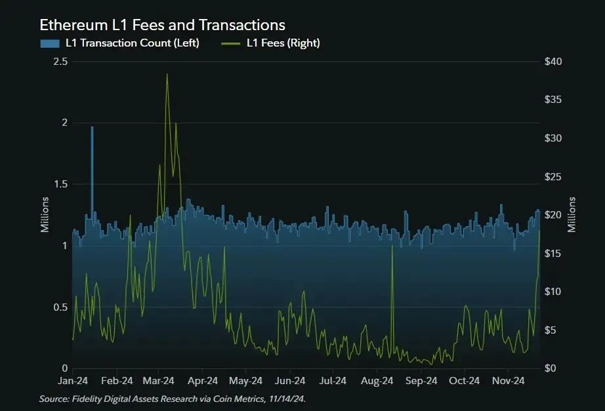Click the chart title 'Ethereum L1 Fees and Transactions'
click(x=163, y=25)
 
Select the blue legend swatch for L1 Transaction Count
click(x=50, y=43)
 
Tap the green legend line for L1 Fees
click(x=231, y=43)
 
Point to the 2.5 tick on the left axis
click(x=60, y=62)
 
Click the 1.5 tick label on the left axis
click(x=60, y=184)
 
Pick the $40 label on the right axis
click(x=553, y=62)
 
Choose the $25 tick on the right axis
click(x=553, y=176)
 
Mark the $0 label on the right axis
click(x=550, y=368)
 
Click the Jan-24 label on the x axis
click(x=73, y=381)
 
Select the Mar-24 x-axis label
click(x=158, y=381)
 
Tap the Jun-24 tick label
click(x=290, y=381)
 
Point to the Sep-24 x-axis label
click(x=421, y=381)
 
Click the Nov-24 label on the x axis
click(x=508, y=381)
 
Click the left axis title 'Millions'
click(x=45, y=215)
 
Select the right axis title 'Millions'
click(x=572, y=215)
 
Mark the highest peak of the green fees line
click(x=167, y=74)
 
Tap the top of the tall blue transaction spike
click(x=92, y=127)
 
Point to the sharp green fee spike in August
click(x=392, y=246)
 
